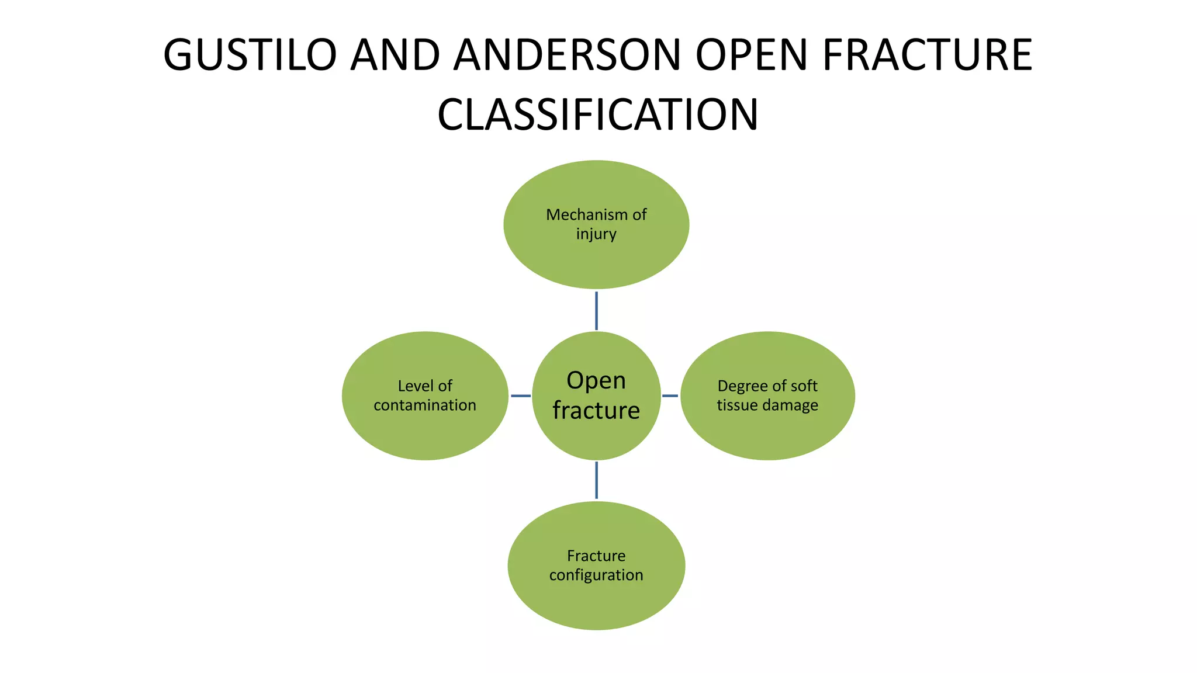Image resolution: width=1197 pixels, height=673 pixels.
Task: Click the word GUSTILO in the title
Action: pyautogui.click(x=250, y=55)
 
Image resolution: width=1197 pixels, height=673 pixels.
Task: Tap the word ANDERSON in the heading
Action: pyautogui.click(x=567, y=55)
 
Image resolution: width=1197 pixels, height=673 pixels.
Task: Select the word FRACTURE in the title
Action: pyautogui.click(x=927, y=55)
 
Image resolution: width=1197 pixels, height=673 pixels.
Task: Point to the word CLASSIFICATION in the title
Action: pyautogui.click(x=597, y=115)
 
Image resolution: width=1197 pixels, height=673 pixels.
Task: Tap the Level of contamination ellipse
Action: pyautogui.click(x=425, y=432)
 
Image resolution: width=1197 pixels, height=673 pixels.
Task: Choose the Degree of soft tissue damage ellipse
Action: pyautogui.click(x=767, y=432)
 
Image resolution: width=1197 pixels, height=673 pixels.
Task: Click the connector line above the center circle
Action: pyautogui.click(x=596, y=311)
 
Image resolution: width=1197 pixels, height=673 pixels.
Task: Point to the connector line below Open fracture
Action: pyautogui.click(x=596, y=480)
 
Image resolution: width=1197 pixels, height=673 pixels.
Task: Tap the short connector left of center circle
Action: pyautogui.click(x=520, y=396)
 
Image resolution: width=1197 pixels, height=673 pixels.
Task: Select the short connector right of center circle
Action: pyautogui.click(x=670, y=396)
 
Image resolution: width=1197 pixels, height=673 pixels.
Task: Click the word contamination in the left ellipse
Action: pyautogui.click(x=425, y=405)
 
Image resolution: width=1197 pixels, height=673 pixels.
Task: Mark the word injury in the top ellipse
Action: pyautogui.click(x=596, y=234)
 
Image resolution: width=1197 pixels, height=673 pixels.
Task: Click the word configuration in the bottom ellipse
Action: pyautogui.click(x=596, y=575)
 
